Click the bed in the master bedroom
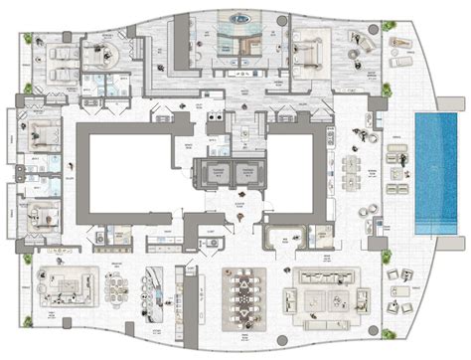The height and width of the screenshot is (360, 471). (x=309, y=46)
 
